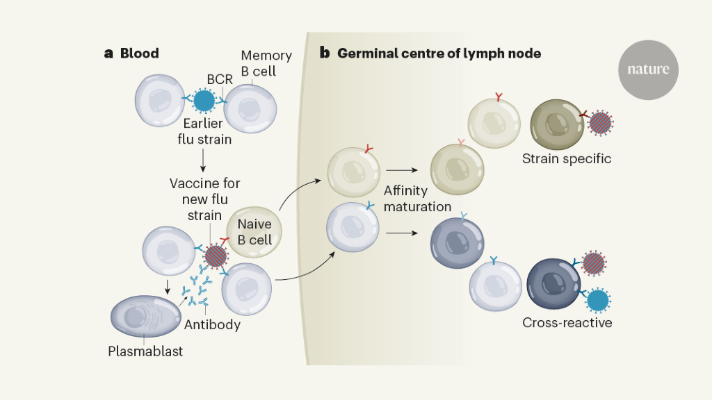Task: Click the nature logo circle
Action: pos(648,69)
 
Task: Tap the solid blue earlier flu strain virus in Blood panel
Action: pos(204,101)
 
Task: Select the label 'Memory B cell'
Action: pos(266,63)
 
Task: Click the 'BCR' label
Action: pos(220,80)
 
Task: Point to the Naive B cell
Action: pos(254,231)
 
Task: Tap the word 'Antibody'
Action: pos(212,324)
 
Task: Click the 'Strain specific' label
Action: pos(567,158)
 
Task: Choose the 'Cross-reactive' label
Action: pos(567,323)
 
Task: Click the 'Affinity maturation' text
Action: pos(416,198)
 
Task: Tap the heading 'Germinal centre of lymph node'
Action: pos(439,53)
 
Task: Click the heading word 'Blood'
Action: pos(139,53)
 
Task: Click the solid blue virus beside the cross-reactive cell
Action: pos(597,301)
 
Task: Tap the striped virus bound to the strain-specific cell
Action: pos(600,124)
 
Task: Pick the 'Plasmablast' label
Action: pos(145,351)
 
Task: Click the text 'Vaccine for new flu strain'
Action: pos(205,199)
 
